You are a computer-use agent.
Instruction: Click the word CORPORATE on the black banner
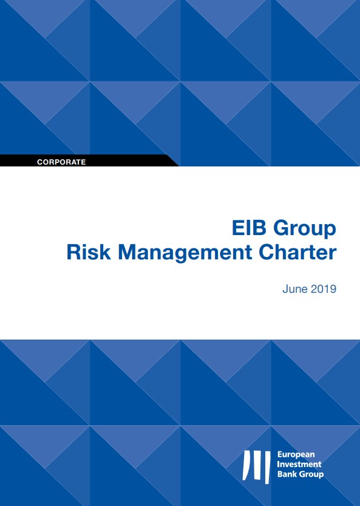tap(61, 162)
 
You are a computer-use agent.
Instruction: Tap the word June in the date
tap(295, 289)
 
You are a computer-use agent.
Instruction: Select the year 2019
tap(324, 289)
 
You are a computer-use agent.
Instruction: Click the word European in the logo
tap(296, 456)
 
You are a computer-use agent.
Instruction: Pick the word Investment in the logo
tap(299, 464)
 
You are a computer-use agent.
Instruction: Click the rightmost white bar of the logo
tap(267, 467)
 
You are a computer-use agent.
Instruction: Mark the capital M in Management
tap(127, 253)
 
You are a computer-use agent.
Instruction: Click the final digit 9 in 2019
tap(333, 289)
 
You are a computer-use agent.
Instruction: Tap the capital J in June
tap(285, 289)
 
